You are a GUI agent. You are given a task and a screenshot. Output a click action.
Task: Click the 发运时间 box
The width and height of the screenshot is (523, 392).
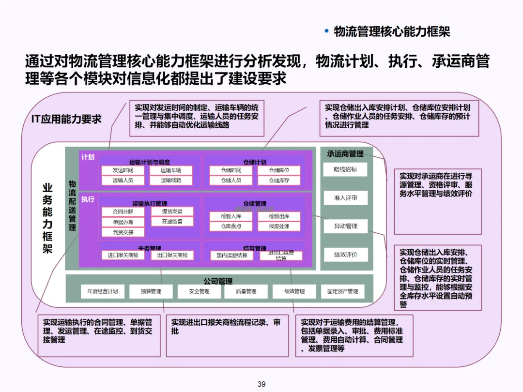click(x=123, y=170)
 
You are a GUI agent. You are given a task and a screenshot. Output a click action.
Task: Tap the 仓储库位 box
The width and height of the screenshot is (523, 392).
click(x=279, y=170)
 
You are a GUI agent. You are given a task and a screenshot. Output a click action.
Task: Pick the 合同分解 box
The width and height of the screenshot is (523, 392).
click(x=123, y=211)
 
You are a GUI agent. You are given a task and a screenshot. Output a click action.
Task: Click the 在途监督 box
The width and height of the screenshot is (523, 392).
click(x=172, y=222)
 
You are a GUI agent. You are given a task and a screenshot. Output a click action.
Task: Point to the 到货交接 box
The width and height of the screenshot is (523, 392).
click(x=123, y=232)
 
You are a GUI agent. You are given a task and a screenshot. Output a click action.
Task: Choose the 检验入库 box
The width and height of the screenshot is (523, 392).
click(x=231, y=216)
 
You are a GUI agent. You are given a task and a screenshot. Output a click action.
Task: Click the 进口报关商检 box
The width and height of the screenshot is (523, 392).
click(x=123, y=255)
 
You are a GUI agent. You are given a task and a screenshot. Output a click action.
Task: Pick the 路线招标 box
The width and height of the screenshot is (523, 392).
click(x=345, y=169)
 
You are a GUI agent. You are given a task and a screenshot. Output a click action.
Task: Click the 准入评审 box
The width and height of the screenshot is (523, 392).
click(x=345, y=197)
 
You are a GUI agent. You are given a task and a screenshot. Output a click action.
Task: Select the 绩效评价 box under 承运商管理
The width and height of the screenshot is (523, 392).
click(x=345, y=255)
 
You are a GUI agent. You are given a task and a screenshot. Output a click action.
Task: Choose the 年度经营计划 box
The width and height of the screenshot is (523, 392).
click(x=102, y=291)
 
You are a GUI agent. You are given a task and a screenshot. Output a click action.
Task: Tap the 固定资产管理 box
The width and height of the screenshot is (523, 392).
click(x=342, y=291)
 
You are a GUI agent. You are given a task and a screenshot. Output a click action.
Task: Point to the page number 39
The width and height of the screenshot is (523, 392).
click(x=261, y=384)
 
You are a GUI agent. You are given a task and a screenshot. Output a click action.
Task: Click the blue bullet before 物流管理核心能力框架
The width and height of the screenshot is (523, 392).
click(x=326, y=31)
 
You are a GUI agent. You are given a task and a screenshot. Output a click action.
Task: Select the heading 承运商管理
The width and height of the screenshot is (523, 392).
click(x=345, y=154)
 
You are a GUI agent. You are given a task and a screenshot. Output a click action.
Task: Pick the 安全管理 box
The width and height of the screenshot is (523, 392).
click(x=199, y=291)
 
